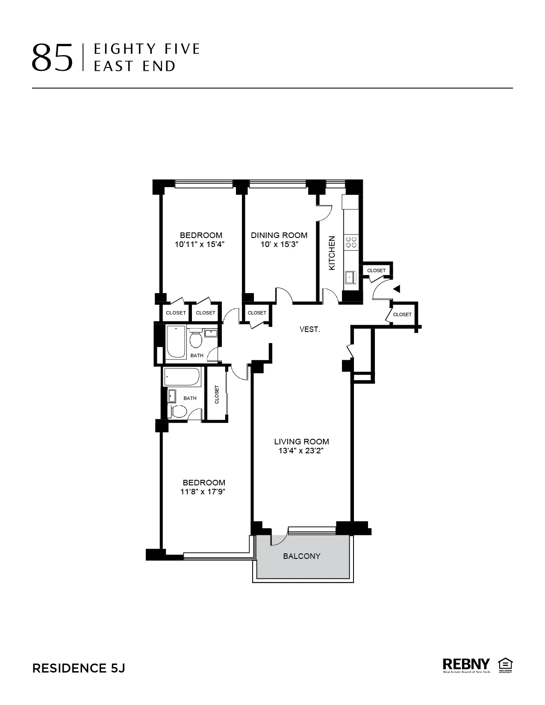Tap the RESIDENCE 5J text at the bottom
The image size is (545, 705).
click(79, 668)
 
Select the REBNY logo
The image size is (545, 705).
click(466, 665)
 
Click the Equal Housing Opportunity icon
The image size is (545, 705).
click(505, 665)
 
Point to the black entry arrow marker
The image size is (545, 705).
click(397, 289)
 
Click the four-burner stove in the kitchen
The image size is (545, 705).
click(351, 243)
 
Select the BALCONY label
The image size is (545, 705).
click(301, 556)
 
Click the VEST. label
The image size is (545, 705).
click(309, 329)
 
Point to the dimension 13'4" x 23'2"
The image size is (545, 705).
click(301, 451)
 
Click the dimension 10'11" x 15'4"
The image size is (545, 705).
click(200, 244)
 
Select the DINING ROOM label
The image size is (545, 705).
click(279, 235)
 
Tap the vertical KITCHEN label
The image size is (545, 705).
click(332, 253)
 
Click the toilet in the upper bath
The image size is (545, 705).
click(196, 340)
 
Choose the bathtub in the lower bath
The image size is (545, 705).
click(182, 376)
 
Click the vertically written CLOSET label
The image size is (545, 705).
click(217, 394)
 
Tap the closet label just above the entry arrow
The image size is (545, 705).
click(376, 270)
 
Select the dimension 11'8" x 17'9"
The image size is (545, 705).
click(203, 492)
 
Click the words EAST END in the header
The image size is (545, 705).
click(135, 66)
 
